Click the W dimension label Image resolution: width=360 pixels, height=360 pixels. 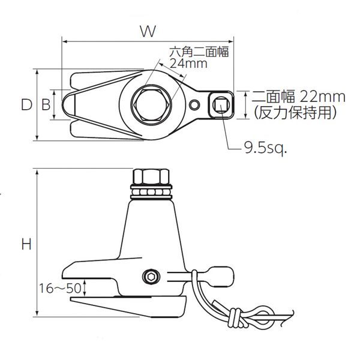coord(146,32)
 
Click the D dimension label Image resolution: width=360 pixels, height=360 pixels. coord(26,105)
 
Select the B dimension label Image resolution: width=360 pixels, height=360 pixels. coord(46,105)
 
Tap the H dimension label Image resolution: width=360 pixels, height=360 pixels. coord(26,244)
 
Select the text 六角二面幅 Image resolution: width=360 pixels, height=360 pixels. coord(192,52)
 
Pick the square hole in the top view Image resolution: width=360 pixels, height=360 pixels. coord(221,106)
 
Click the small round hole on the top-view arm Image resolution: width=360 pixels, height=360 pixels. coord(193,106)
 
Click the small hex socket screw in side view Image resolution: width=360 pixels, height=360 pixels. coord(150,277)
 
